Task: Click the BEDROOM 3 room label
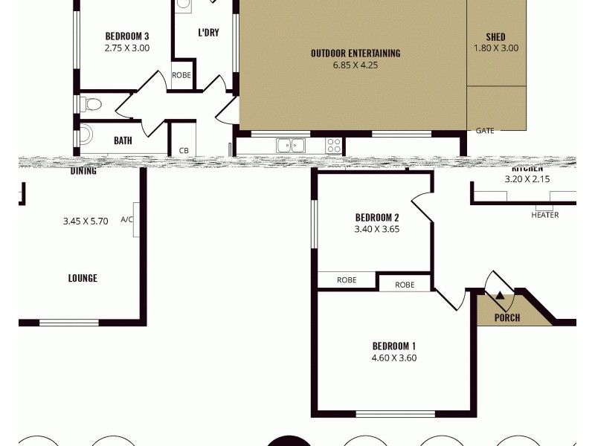127,36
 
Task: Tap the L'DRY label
208,33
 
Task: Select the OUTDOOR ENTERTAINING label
356,53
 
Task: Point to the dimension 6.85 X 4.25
356,65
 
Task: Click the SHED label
495,36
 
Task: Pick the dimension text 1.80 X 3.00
495,48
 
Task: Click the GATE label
484,131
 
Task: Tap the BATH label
123,140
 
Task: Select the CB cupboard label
184,151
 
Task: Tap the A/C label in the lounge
126,220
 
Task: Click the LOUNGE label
83,279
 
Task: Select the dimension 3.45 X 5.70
86,221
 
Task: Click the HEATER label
544,216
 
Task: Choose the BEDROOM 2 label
377,218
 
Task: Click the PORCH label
506,318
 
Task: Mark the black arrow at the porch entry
500,297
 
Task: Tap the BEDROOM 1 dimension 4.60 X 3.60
393,358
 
